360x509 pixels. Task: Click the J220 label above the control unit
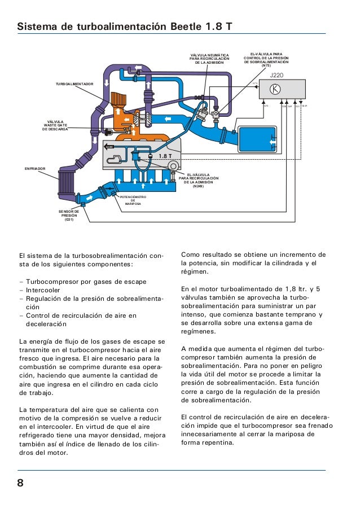coord(276,74)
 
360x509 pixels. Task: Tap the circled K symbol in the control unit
coord(275,89)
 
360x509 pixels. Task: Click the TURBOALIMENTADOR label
coord(73,83)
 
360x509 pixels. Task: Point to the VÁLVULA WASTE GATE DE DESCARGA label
coord(55,125)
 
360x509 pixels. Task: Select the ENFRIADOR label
coord(35,168)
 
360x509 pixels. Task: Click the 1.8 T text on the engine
coord(165,156)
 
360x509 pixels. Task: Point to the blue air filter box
coord(257,140)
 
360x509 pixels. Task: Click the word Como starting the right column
coord(191,254)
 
